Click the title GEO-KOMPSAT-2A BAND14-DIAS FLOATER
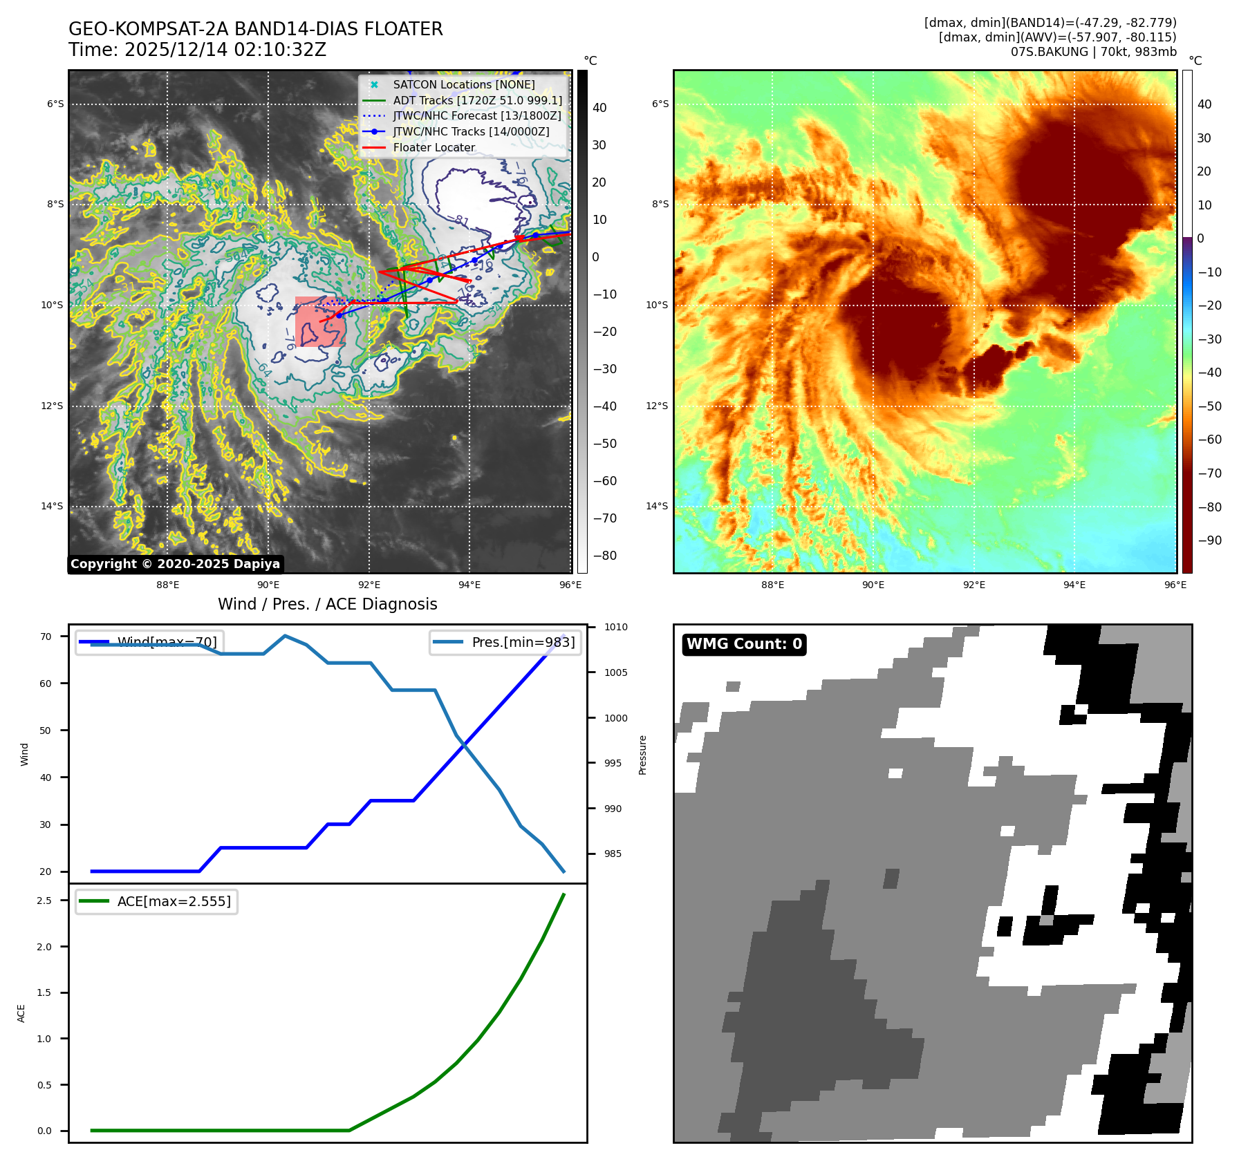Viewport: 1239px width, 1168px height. tap(255, 29)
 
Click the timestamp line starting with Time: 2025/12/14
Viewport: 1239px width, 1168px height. tap(197, 50)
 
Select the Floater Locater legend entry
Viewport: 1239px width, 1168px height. tap(434, 147)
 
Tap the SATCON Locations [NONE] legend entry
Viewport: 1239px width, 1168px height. tap(463, 84)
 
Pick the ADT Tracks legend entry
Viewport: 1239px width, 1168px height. tap(477, 100)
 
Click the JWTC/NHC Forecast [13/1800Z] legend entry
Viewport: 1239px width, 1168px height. tap(476, 115)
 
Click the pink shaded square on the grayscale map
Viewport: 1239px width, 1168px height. tap(320, 322)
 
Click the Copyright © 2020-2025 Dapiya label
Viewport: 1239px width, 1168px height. tap(175, 564)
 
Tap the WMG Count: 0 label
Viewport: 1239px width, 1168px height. tap(744, 644)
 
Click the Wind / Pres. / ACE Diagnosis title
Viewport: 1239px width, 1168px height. tap(327, 604)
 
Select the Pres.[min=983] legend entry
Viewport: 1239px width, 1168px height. tap(523, 642)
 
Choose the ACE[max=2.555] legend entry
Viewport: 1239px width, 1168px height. tap(174, 901)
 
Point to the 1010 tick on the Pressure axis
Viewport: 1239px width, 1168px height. tap(615, 628)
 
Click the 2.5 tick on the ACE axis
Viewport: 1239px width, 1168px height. tap(44, 901)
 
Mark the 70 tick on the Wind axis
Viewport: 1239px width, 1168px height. tap(46, 637)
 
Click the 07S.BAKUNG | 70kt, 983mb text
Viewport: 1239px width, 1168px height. tap(1093, 52)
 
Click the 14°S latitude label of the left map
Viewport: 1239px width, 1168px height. tap(52, 506)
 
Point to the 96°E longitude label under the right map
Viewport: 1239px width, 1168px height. tap(1175, 585)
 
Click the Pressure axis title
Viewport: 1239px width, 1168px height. tap(642, 755)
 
